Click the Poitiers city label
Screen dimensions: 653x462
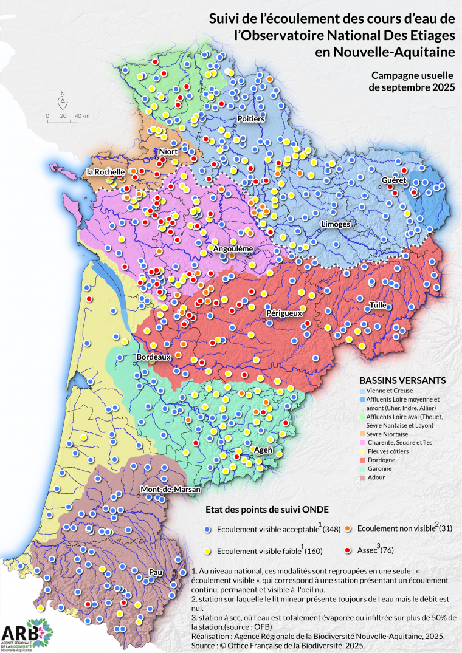click(251, 118)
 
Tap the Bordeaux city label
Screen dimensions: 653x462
click(153, 357)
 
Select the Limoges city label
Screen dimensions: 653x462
click(335, 224)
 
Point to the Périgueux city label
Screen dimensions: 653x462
click(284, 313)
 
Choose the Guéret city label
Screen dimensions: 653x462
click(393, 181)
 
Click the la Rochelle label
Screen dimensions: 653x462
click(106, 172)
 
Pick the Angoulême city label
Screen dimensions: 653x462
click(233, 249)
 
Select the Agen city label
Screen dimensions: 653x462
click(263, 450)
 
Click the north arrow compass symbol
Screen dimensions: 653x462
click(62, 100)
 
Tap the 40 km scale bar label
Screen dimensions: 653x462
click(82, 115)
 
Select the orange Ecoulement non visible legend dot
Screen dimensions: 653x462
click(348, 528)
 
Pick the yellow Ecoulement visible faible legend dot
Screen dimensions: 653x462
click(208, 551)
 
